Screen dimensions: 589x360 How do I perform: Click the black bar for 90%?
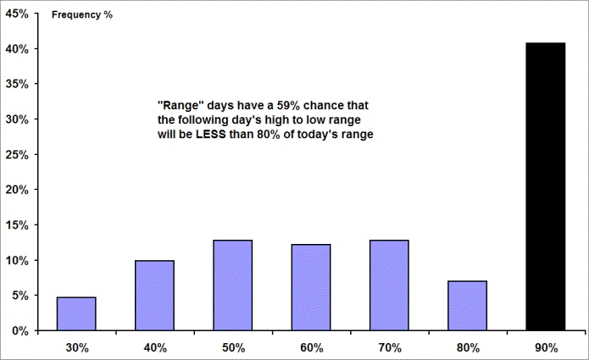point(546,186)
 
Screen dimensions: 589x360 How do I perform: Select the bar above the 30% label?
point(76,313)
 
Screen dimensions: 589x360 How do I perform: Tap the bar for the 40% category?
point(154,296)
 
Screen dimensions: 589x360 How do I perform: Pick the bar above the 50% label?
point(232,285)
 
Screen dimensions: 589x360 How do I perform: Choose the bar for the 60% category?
point(311,287)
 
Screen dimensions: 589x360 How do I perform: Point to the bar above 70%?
point(389,285)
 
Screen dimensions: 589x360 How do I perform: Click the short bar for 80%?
point(467,306)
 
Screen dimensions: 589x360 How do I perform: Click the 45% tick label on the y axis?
point(17,14)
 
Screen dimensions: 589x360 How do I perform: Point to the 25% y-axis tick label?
point(17,155)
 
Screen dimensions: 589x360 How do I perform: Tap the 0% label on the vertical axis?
point(19,331)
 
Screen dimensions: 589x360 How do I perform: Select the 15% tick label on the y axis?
point(17,225)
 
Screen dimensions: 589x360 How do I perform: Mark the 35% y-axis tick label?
point(17,84)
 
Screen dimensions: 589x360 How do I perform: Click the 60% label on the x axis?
point(311,348)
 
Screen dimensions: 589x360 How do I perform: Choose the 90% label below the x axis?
point(546,348)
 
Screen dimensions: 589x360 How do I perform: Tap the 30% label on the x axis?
point(77,348)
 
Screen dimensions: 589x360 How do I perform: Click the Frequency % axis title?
point(82,14)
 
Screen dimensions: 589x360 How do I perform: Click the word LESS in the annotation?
point(210,134)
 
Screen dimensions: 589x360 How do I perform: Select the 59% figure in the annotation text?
point(288,106)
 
